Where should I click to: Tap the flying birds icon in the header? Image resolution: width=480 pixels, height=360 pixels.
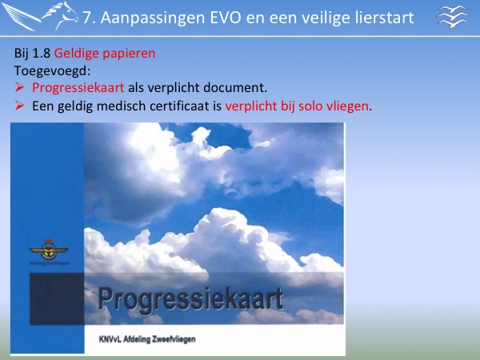coord(453,17)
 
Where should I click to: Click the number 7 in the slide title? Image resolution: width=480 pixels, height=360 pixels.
coord(87,18)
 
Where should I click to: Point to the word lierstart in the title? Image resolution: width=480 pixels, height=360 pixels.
coord(385,18)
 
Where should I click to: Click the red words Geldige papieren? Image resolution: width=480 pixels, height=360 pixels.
coord(105,54)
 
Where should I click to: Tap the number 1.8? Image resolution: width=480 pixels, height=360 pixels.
coord(41,54)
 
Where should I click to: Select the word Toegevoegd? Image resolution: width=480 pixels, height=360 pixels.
coord(52,71)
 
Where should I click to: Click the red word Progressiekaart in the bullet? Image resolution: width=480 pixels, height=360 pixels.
coord(78,88)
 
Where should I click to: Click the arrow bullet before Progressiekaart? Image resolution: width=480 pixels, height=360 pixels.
coord(19,87)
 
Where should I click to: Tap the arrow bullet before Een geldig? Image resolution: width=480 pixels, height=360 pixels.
coord(19,106)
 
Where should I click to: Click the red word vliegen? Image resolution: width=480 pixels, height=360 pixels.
coord(347,106)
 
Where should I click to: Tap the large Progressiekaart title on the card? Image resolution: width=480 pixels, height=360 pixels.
coord(190,299)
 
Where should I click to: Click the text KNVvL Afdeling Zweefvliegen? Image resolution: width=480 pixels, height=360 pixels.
coord(147,339)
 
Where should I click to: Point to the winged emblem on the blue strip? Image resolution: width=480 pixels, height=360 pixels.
coord(49,249)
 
